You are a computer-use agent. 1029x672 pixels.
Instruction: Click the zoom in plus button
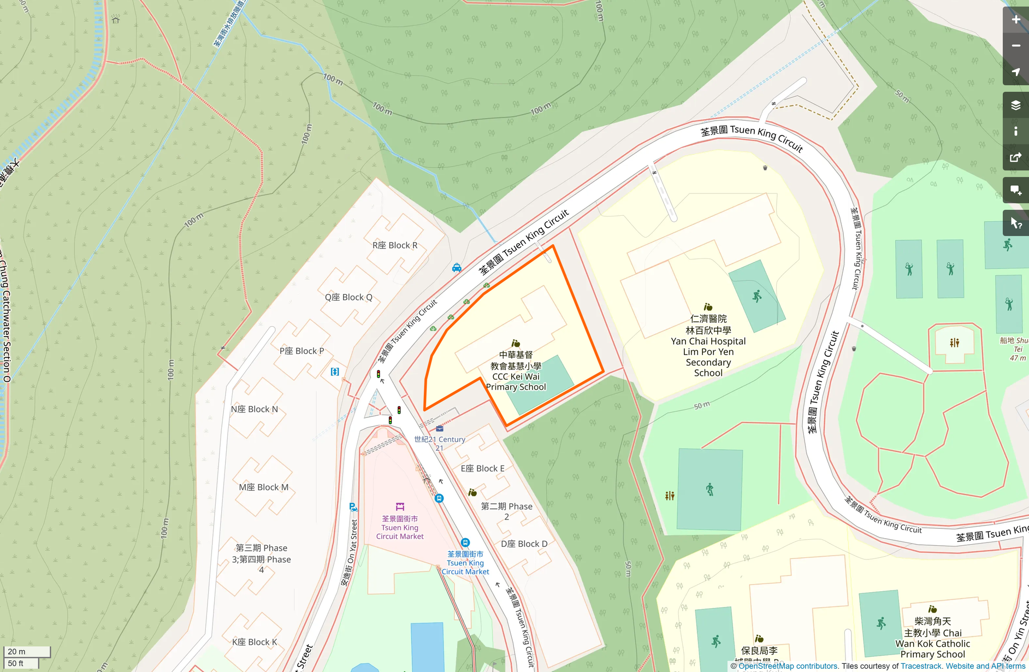(x=1015, y=20)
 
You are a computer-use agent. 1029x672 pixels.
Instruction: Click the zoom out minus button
(x=1015, y=46)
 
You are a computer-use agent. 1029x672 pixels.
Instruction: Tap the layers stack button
(x=1015, y=105)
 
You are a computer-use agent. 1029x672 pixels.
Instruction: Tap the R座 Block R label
(x=395, y=245)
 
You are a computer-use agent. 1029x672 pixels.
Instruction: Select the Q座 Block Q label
(x=348, y=297)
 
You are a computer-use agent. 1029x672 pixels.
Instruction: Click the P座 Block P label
(x=301, y=351)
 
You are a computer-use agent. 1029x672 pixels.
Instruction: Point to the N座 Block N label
(x=255, y=409)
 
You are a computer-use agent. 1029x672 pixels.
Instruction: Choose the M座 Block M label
(x=264, y=487)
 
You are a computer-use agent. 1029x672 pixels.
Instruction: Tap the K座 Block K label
(x=255, y=642)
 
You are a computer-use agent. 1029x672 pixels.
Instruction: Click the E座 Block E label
(x=482, y=468)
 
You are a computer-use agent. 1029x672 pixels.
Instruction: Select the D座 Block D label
(x=524, y=544)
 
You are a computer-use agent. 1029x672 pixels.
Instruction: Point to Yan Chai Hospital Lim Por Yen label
(x=708, y=346)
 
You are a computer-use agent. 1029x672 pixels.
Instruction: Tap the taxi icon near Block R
(x=457, y=268)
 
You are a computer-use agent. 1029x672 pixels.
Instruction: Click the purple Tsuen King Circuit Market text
(x=400, y=528)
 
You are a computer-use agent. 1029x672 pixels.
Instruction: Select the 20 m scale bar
(x=27, y=651)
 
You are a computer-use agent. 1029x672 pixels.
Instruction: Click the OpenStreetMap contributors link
(x=788, y=666)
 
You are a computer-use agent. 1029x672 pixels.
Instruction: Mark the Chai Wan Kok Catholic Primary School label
(x=932, y=638)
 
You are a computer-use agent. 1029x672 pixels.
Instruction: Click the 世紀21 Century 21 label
(x=440, y=443)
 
